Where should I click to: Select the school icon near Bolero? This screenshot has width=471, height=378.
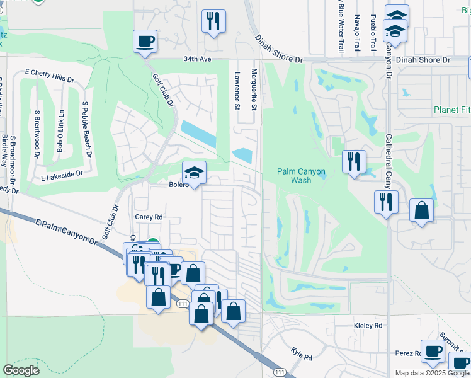tap(195, 173)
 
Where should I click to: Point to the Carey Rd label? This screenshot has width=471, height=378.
tap(149, 216)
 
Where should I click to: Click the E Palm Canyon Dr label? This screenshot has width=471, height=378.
tap(69, 232)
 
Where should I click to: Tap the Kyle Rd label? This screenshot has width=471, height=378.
tap(302, 353)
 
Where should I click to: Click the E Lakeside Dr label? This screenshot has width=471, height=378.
tap(62, 174)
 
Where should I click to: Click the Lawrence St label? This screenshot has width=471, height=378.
tap(237, 91)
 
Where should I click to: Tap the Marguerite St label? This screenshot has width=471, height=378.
tap(254, 89)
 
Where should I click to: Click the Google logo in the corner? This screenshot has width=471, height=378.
tap(21, 370)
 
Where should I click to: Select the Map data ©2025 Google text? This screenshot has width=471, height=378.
tap(432, 373)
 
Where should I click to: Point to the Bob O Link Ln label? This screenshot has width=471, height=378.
tap(60, 130)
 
